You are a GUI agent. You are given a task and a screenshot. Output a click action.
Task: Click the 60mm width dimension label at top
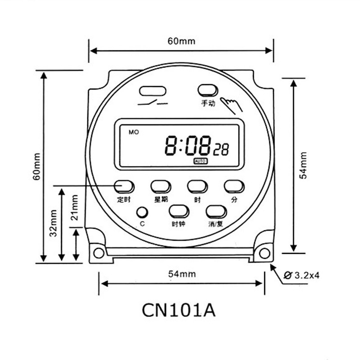click(181, 41)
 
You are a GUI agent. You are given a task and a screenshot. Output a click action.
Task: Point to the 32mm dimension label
click(53, 223)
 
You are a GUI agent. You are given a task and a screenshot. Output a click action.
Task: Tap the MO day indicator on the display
click(134, 132)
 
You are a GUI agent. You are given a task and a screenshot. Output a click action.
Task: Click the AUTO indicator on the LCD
click(200, 161)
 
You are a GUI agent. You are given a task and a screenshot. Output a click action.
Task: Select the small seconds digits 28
click(221, 150)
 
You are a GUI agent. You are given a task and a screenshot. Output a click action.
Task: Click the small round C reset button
click(142, 212)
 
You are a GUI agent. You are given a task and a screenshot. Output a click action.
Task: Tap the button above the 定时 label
click(124, 186)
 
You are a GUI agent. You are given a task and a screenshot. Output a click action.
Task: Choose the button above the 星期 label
click(161, 186)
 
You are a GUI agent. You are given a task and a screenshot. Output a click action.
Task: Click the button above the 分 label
click(234, 186)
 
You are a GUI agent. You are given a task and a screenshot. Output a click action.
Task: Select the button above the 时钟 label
click(179, 211)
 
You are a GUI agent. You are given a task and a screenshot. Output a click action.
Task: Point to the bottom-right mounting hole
click(264, 252)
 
